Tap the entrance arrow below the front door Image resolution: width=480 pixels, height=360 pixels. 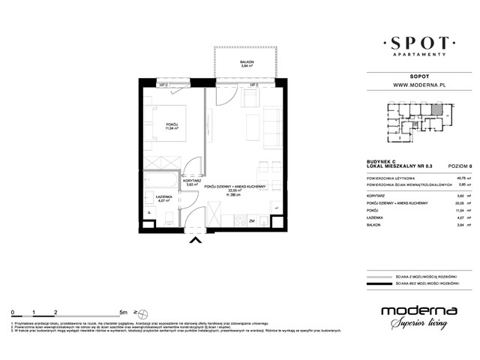[x=197, y=240]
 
